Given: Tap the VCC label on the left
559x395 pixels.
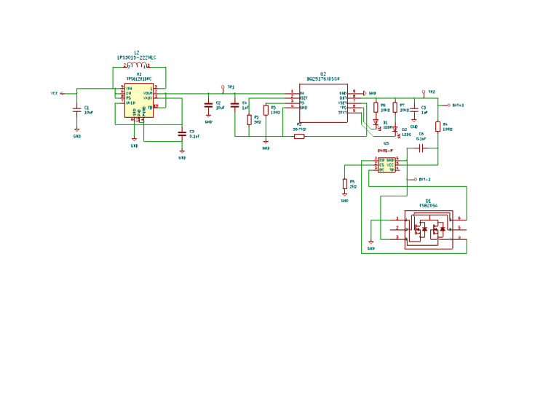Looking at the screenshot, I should coord(55,93).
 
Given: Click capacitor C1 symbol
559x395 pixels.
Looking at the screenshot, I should coord(76,110).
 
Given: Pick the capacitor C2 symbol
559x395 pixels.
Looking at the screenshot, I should coord(208,105).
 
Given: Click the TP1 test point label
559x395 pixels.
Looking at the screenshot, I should coord(231,87).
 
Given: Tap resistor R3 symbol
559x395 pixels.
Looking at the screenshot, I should coord(248,119).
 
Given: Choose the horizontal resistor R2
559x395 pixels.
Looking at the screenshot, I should coord(298,135).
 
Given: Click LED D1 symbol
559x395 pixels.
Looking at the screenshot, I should coord(376,123).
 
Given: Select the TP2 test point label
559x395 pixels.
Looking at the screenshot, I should coord(431,92).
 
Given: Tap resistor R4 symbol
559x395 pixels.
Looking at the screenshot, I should coord(438,126).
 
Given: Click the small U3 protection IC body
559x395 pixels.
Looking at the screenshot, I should coord(386,164).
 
